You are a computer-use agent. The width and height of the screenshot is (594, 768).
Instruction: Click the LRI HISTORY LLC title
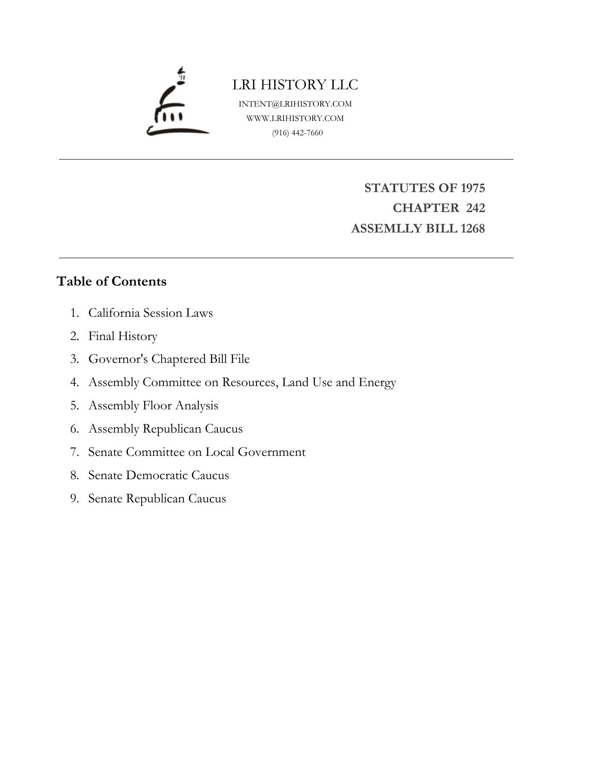[x=295, y=85]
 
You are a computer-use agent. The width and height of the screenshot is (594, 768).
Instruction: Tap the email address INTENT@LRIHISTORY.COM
[x=295, y=104]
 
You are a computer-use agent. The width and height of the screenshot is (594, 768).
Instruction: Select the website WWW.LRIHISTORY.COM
[x=295, y=118]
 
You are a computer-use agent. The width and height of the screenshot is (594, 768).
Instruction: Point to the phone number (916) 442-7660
[x=297, y=133]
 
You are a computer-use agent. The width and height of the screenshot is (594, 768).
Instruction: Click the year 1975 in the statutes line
[x=472, y=188]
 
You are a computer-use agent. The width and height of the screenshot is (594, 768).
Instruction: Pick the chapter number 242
[x=475, y=208]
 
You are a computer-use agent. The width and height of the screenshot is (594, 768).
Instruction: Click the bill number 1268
[x=472, y=228]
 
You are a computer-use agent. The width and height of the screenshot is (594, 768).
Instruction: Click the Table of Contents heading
[x=111, y=281]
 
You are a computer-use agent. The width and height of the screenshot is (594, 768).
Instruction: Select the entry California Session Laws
[x=150, y=313]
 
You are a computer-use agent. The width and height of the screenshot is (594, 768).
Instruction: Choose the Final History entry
[x=123, y=336]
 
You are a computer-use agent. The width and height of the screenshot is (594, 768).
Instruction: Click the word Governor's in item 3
[x=118, y=359]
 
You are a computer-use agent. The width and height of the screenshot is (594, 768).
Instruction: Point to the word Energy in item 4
[x=377, y=382]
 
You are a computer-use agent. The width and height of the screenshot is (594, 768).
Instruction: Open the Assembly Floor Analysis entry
[x=153, y=406]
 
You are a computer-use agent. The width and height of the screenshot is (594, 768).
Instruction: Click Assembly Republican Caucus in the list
[x=165, y=429]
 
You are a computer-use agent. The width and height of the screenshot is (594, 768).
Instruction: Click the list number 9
[x=74, y=499]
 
